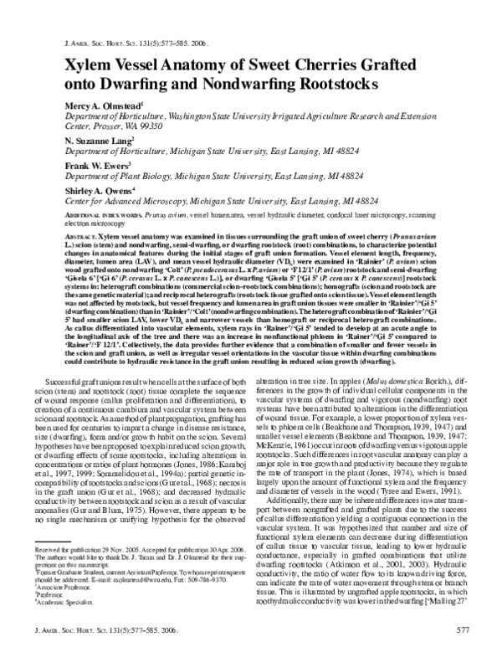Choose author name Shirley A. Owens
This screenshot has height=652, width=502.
pyautogui.click(x=100, y=191)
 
